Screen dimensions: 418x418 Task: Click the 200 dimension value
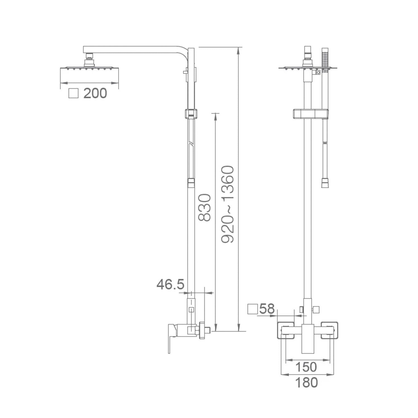95,93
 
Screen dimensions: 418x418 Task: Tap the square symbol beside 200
73,93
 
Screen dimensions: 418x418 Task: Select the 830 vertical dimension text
204,208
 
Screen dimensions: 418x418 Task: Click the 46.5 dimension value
170,285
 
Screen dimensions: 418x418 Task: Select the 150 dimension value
306,367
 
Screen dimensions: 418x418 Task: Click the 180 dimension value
306,383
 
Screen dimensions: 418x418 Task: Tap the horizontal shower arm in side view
134,49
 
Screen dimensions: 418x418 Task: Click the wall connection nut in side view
202,330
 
